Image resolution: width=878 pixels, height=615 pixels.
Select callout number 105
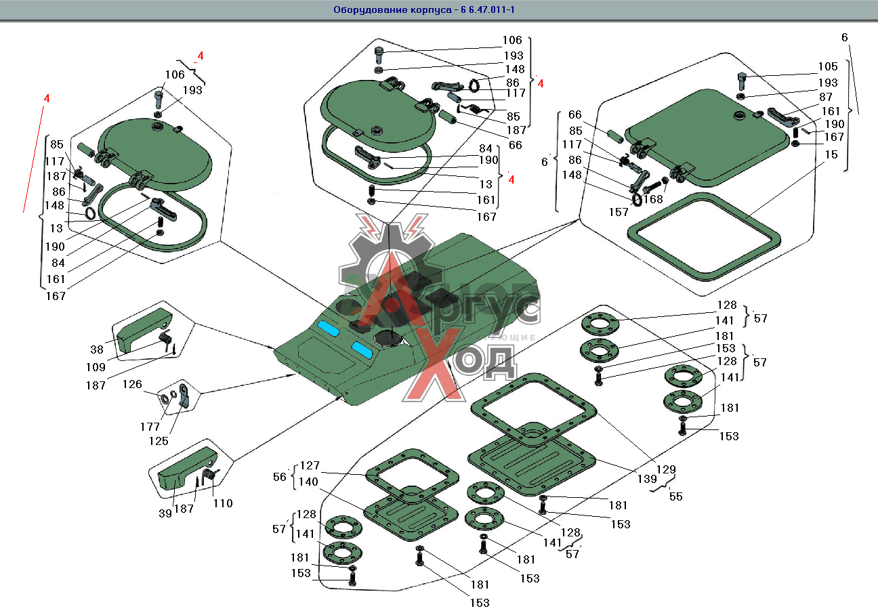(827, 66)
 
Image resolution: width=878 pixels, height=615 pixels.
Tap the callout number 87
(826, 97)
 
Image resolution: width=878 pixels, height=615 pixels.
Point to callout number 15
(831, 154)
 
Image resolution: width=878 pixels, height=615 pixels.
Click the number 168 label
(653, 199)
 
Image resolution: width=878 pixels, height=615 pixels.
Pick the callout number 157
(618, 212)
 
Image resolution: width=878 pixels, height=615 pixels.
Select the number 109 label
(96, 367)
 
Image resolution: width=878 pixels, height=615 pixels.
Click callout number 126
(132, 385)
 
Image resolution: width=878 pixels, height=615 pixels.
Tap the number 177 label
(150, 427)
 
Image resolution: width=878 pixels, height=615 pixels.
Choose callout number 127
(310, 466)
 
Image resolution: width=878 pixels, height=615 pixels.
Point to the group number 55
(675, 496)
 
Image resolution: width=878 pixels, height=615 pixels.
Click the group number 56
(280, 476)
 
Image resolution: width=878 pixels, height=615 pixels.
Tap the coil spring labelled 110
(211, 475)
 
